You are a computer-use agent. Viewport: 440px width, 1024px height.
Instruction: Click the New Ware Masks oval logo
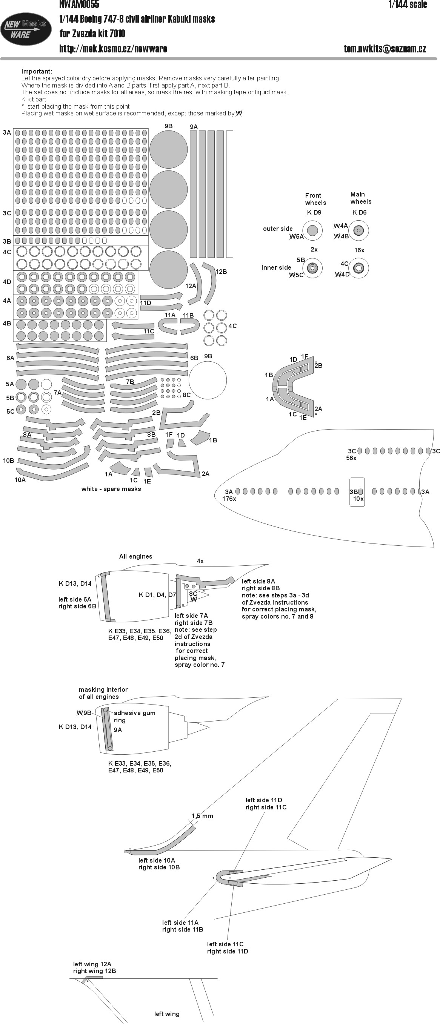tap(26, 29)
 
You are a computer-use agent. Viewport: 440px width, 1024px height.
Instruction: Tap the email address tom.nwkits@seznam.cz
tap(384, 49)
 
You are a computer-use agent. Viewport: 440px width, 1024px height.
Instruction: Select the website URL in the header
tap(113, 49)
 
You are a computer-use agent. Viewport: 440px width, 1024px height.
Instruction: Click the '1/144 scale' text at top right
tap(408, 5)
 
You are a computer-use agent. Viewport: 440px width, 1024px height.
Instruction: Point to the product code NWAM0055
tap(79, 5)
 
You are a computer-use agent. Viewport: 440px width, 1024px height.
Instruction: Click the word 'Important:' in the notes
tap(37, 72)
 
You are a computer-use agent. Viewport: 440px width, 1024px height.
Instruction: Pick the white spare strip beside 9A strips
tap(229, 194)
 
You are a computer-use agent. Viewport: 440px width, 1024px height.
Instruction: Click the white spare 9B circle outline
tap(208, 380)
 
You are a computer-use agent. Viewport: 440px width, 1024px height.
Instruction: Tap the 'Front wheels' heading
tap(315, 199)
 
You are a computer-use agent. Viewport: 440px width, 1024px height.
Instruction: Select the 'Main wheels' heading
tap(360, 198)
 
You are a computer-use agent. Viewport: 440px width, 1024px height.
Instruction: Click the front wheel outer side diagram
tap(312, 230)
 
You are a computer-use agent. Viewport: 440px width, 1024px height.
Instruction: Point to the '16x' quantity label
tap(359, 250)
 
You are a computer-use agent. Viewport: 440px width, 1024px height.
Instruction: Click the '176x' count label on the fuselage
tap(229, 499)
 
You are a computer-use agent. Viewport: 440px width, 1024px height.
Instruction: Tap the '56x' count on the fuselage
tap(351, 458)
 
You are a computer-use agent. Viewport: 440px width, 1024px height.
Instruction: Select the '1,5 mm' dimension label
tap(203, 816)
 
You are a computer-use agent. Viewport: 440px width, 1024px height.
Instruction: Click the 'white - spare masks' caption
tap(111, 489)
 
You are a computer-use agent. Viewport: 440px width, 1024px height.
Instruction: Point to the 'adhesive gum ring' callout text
tap(134, 716)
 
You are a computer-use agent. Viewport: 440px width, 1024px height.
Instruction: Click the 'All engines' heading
tap(135, 557)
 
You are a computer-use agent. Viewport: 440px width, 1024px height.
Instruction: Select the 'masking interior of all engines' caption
tap(103, 693)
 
